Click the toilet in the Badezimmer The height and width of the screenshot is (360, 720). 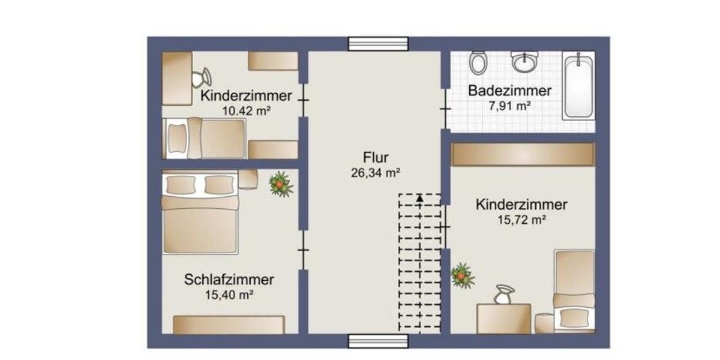tap(478, 62)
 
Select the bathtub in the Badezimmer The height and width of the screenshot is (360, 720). tap(579, 86)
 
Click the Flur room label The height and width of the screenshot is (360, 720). tap(376, 158)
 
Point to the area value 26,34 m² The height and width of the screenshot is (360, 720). tap(376, 173)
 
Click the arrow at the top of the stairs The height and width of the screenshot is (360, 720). tap(420, 197)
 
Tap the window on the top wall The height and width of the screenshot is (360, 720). tap(378, 44)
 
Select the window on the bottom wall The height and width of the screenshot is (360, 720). tap(378, 341)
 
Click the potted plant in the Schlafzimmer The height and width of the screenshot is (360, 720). tap(280, 184)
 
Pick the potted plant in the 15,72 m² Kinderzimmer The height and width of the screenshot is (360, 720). tap(462, 275)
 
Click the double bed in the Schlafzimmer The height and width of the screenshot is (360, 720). tap(201, 212)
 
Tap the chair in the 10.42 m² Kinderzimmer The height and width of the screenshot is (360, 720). tap(201, 78)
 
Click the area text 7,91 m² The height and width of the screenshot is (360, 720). tap(510, 106)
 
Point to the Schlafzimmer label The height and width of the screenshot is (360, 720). tap(229, 280)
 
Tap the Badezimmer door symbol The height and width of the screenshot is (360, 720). tap(445, 109)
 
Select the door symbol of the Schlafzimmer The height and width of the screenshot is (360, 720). tap(304, 249)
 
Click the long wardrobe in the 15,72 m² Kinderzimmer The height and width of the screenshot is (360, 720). tap(523, 154)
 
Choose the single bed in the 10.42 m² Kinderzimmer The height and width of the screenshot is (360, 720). tap(205, 139)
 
